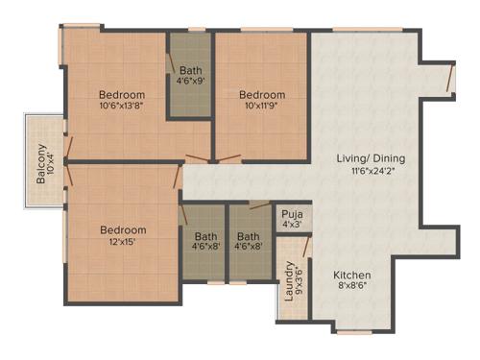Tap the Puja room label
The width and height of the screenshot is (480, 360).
pos(291,214)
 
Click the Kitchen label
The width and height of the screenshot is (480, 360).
pos(351,273)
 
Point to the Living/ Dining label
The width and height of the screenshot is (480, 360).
pos(371,158)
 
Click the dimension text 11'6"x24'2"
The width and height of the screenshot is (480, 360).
pos(371,173)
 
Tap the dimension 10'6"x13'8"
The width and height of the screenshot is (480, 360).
pos(122,108)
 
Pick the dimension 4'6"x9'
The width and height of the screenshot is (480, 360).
pos(191,82)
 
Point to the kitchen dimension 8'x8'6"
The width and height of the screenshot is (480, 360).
pos(351,286)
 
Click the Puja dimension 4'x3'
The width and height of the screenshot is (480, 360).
pos(291,226)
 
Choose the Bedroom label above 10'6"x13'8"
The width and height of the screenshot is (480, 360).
pos(122,94)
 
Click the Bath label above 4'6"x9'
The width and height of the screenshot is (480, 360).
pos(191,69)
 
